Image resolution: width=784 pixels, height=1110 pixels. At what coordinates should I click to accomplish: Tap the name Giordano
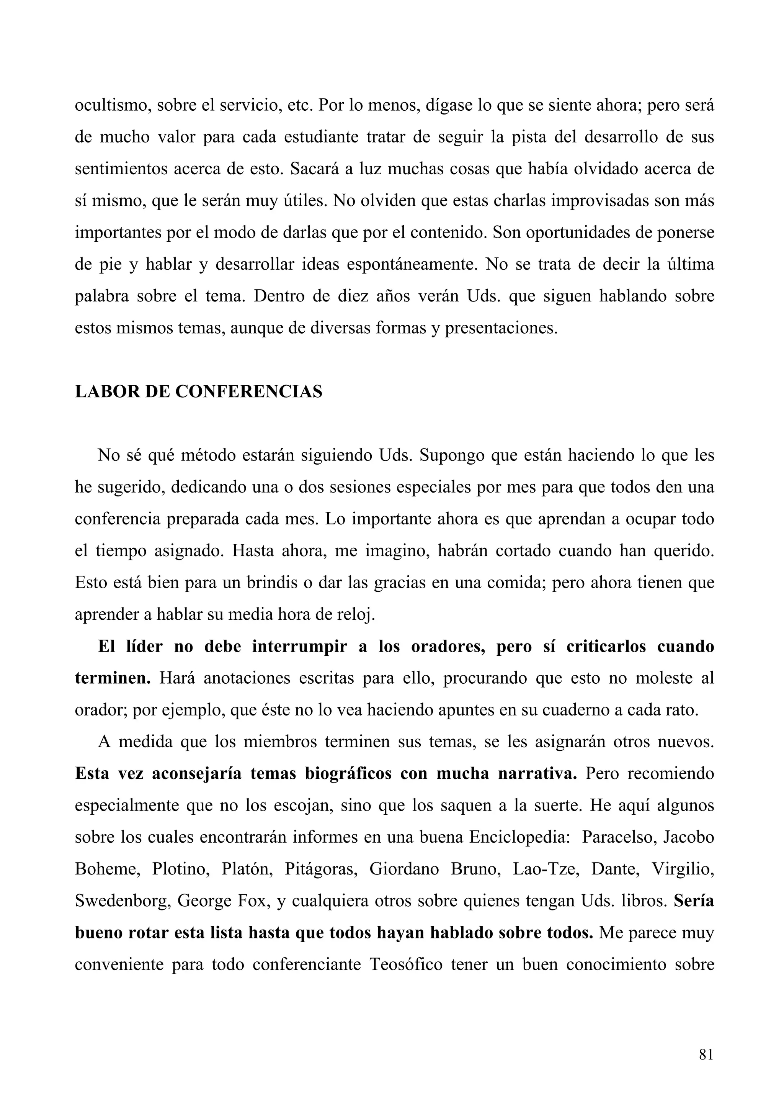tap(404, 869)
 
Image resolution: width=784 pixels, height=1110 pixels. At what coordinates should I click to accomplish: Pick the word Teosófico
tap(406, 964)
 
